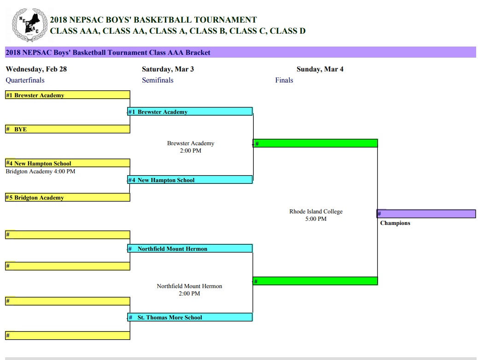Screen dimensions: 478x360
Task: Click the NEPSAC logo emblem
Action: (x=29, y=25)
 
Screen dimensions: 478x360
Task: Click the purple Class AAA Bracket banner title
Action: (x=108, y=53)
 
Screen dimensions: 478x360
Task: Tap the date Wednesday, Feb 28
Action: (x=36, y=69)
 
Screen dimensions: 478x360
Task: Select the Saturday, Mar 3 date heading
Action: (x=168, y=69)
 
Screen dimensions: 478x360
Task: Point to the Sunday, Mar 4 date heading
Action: (x=320, y=69)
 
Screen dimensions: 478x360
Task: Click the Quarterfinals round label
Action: (x=25, y=80)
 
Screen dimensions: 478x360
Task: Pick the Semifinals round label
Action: (x=157, y=80)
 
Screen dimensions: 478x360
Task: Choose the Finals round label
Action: (x=284, y=80)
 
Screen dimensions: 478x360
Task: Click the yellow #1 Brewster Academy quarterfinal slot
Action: (x=68, y=95)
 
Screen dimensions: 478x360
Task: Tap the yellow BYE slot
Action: (x=68, y=129)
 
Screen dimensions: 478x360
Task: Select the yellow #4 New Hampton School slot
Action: (x=68, y=163)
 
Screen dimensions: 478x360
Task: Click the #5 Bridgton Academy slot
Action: (x=68, y=197)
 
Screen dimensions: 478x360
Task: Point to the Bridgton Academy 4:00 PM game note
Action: (x=41, y=171)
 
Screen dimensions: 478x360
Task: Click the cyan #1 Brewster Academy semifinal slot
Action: (x=190, y=112)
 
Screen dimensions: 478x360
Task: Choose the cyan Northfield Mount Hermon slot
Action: (x=190, y=248)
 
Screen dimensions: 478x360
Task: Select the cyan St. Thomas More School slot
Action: (x=190, y=317)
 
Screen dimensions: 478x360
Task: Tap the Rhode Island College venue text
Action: (x=316, y=212)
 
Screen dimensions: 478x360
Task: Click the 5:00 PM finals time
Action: (x=316, y=219)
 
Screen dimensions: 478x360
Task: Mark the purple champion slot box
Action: (x=426, y=213)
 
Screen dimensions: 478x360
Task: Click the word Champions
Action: (x=395, y=223)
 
